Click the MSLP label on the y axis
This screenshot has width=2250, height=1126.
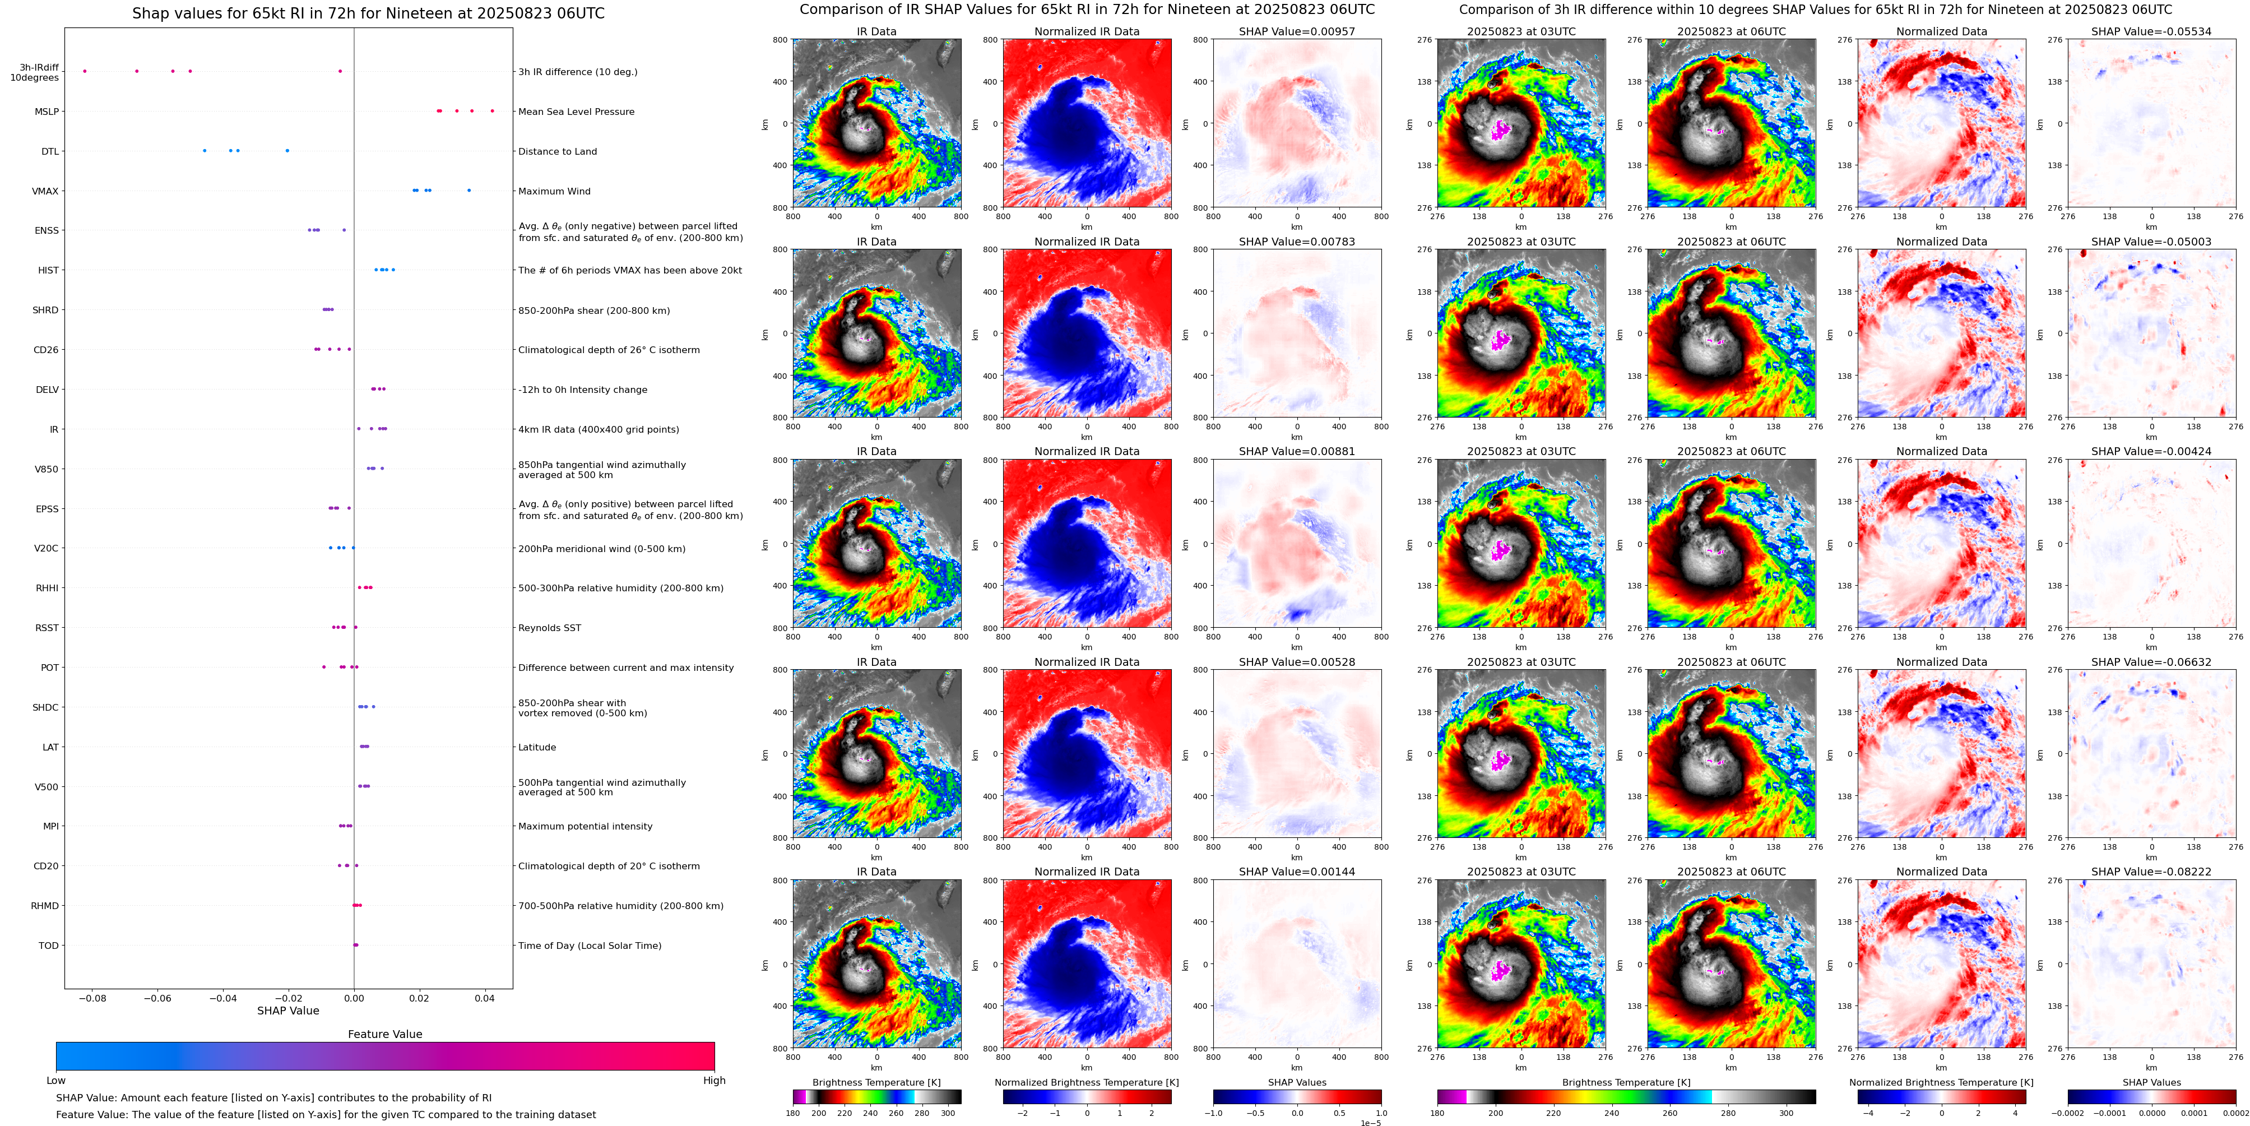[47, 112]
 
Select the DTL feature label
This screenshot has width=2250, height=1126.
[50, 151]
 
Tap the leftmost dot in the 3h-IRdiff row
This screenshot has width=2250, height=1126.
[85, 71]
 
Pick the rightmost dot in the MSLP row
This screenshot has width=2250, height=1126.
[493, 111]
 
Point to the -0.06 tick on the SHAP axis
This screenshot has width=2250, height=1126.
[157, 998]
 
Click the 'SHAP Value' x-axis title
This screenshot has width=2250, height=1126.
[287, 1011]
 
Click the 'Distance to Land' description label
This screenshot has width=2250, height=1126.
[557, 151]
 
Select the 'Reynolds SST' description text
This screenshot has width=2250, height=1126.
[549, 628]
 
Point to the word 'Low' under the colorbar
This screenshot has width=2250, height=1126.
[56, 1081]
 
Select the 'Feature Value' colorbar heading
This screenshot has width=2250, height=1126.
[384, 1034]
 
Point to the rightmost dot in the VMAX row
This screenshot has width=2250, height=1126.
[469, 191]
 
